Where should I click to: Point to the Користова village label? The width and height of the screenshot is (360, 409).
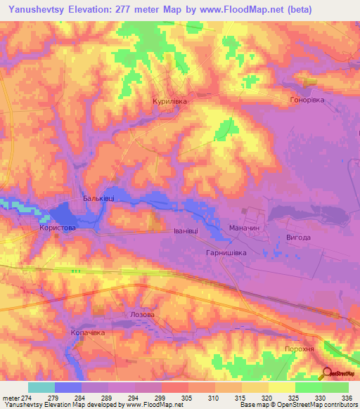point(58,228)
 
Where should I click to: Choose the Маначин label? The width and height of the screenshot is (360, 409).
point(245,229)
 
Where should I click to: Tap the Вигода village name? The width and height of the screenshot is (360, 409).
point(298,238)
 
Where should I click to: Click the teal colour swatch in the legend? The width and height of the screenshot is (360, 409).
point(41,387)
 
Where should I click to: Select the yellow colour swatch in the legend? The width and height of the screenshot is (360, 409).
point(281,387)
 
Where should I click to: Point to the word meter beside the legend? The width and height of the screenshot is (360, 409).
point(11,398)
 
